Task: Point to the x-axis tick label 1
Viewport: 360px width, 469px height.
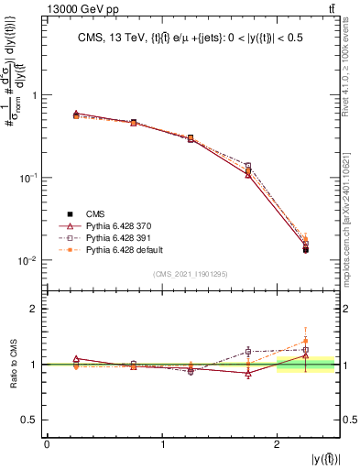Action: click(163, 444)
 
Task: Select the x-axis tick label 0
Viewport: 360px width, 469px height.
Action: click(47, 444)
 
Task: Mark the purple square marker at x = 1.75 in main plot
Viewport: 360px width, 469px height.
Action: click(248, 166)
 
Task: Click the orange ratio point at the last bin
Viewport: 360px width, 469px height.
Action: click(306, 342)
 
